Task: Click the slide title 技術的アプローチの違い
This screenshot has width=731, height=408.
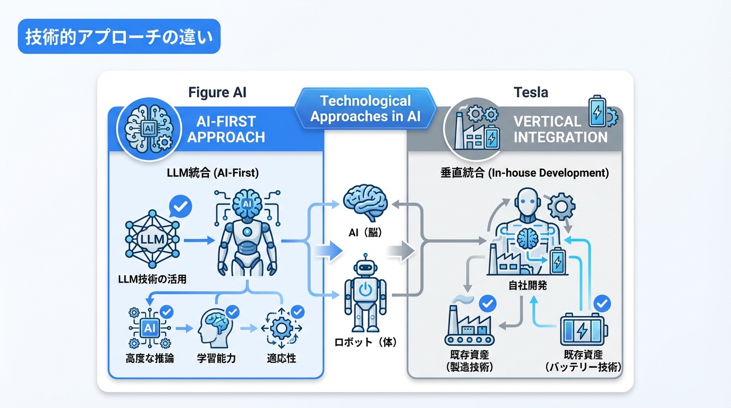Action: pos(118,37)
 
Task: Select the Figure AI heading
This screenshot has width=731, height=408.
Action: pos(217,92)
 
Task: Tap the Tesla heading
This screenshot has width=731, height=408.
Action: pos(531,92)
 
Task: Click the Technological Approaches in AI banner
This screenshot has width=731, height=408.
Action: pos(365,108)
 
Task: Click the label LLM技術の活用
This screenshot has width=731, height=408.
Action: pos(152,278)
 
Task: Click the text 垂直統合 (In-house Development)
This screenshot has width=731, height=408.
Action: pos(524,173)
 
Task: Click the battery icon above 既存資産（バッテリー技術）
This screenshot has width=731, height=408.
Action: pos(583,330)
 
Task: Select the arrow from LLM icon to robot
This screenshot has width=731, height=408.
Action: pos(196,241)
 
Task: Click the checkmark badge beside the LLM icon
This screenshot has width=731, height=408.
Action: pos(180,206)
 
